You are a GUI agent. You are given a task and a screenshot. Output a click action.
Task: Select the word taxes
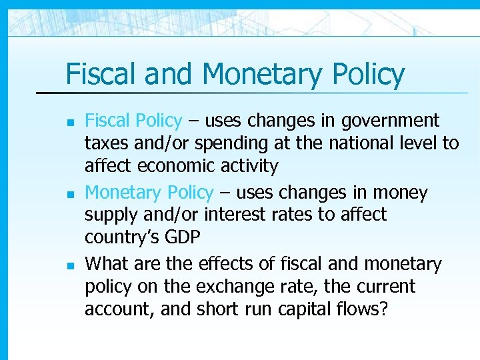pos(107,143)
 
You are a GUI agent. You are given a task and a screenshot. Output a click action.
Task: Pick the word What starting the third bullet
pos(107,265)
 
